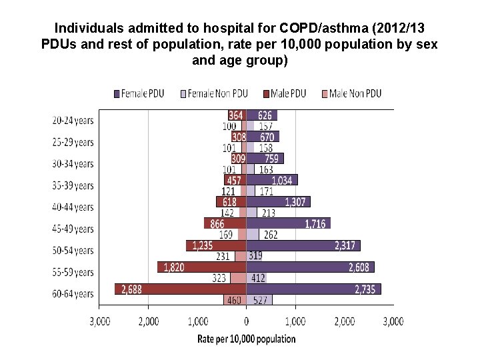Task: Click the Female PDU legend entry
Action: pyautogui.click(x=144, y=93)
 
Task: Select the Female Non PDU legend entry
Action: pyautogui.click(x=216, y=93)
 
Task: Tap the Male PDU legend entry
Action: pyautogui.click(x=285, y=93)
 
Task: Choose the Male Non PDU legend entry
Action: pyautogui.click(x=351, y=93)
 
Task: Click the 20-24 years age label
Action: pyautogui.click(x=73, y=121)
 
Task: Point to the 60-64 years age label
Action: pyautogui.click(x=73, y=293)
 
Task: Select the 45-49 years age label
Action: pyautogui.click(x=73, y=229)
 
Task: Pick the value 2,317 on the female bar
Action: pyautogui.click(x=347, y=245)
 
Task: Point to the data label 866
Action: pyautogui.click(x=217, y=223)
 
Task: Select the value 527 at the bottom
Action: pyautogui.click(x=260, y=300)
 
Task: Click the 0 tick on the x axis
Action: pyautogui.click(x=246, y=321)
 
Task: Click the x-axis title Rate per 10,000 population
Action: pyautogui.click(x=246, y=339)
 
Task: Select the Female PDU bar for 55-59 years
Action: pyautogui.click(x=310, y=267)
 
